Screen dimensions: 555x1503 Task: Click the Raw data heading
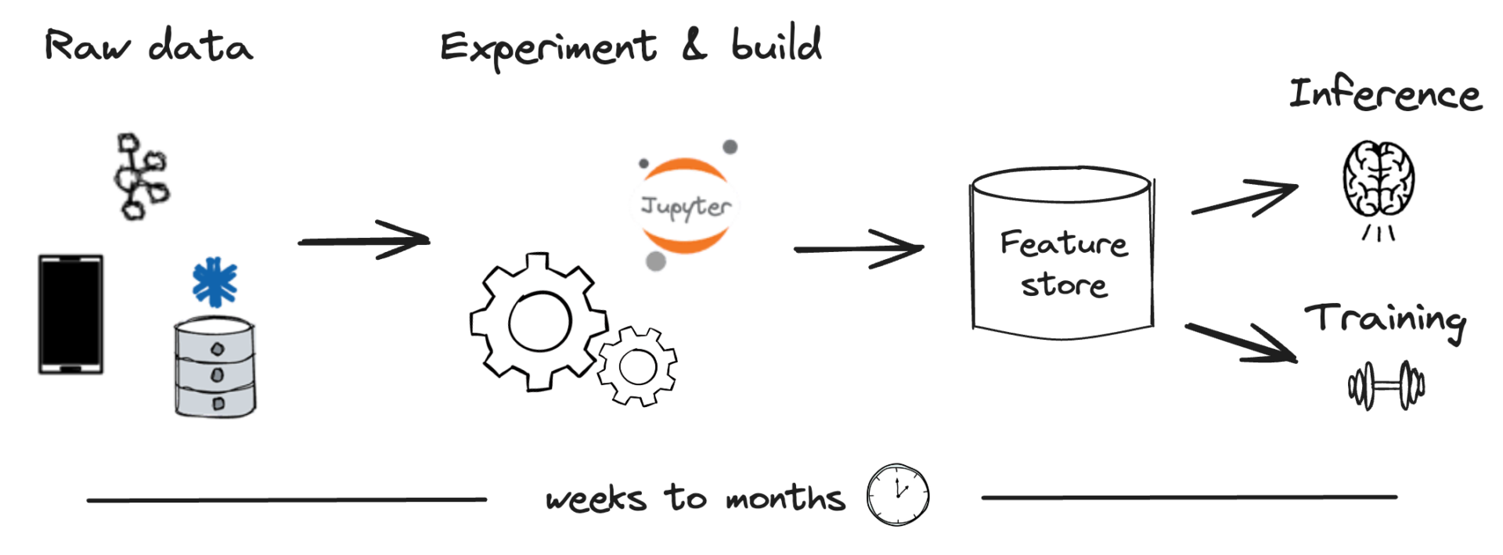(x=149, y=45)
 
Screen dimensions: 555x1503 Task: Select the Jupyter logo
(x=686, y=206)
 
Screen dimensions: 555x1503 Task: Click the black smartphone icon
(x=70, y=314)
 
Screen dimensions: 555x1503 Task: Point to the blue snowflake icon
(x=214, y=283)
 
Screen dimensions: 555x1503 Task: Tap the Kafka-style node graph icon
(x=141, y=177)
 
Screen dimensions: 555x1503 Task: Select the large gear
(x=538, y=322)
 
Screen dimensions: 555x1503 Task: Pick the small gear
(x=637, y=366)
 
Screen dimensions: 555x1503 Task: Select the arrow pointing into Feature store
(x=859, y=249)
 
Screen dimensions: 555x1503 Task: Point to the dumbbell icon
(x=1386, y=385)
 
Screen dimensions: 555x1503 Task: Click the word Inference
(x=1385, y=95)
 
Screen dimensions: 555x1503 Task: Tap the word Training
(x=1385, y=319)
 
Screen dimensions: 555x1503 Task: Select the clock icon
(x=897, y=494)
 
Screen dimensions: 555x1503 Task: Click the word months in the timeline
(x=785, y=497)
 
